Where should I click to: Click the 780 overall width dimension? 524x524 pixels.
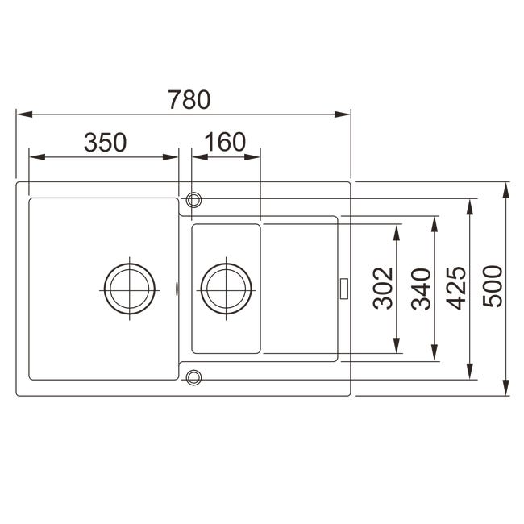[x=189, y=100]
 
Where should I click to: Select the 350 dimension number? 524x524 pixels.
[x=106, y=143]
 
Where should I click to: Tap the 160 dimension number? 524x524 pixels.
[x=225, y=142]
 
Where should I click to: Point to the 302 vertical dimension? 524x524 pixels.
[x=383, y=288]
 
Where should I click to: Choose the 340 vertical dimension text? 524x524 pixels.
[x=421, y=289]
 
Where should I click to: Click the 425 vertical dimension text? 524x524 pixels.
[x=456, y=288]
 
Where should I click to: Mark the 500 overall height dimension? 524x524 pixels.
[x=493, y=286]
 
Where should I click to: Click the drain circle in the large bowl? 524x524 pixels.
[x=129, y=264]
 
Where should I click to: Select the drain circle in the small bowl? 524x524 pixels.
[x=227, y=264]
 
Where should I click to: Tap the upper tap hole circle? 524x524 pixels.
[x=193, y=193]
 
